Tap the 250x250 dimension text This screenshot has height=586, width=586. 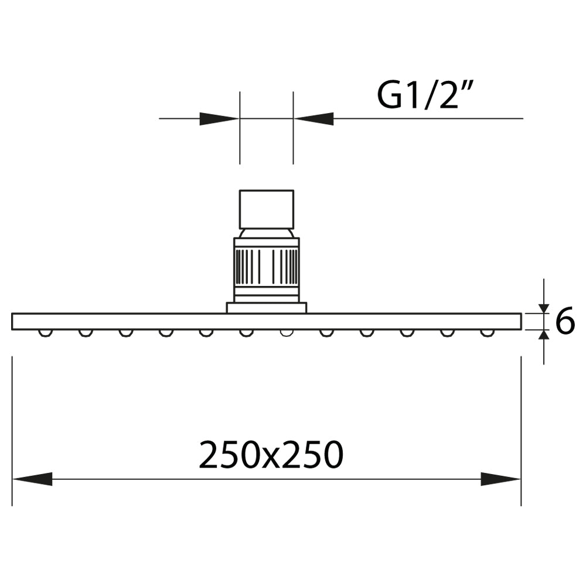(270, 455)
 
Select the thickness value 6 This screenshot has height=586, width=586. (564, 322)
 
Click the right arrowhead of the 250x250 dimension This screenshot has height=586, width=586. (500, 479)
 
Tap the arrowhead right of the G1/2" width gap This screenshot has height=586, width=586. (314, 118)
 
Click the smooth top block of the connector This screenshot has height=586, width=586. (267, 209)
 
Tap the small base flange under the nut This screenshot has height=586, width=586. (267, 308)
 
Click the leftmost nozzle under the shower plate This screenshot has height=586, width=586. (45, 333)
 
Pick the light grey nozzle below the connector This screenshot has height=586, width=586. (287, 333)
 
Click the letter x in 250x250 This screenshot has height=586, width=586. (270, 458)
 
